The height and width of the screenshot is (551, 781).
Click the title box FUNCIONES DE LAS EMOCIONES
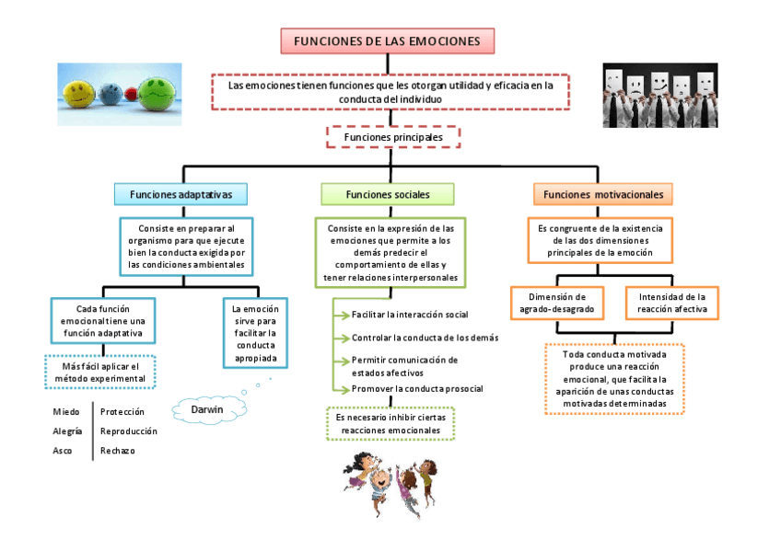click(x=387, y=41)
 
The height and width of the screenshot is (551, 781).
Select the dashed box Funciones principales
click(x=393, y=137)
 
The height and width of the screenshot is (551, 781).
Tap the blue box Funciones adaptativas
click(x=183, y=194)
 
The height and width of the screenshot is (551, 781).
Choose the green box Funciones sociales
click(x=388, y=194)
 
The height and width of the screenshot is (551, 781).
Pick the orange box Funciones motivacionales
click(x=603, y=194)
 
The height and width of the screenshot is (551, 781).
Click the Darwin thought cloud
click(x=206, y=408)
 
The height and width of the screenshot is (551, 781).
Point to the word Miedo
click(x=65, y=411)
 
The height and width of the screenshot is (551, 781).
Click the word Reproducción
click(x=128, y=430)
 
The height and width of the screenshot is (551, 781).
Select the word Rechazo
click(x=117, y=451)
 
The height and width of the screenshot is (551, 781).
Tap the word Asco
click(x=63, y=451)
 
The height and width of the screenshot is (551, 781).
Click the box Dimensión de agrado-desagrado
click(x=557, y=304)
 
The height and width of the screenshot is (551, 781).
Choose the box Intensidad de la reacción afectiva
click(x=672, y=304)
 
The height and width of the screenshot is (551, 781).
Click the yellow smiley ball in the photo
click(x=79, y=89)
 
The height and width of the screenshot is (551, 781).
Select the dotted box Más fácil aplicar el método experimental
click(x=99, y=373)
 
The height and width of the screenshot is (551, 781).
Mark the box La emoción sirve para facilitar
click(x=255, y=333)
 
